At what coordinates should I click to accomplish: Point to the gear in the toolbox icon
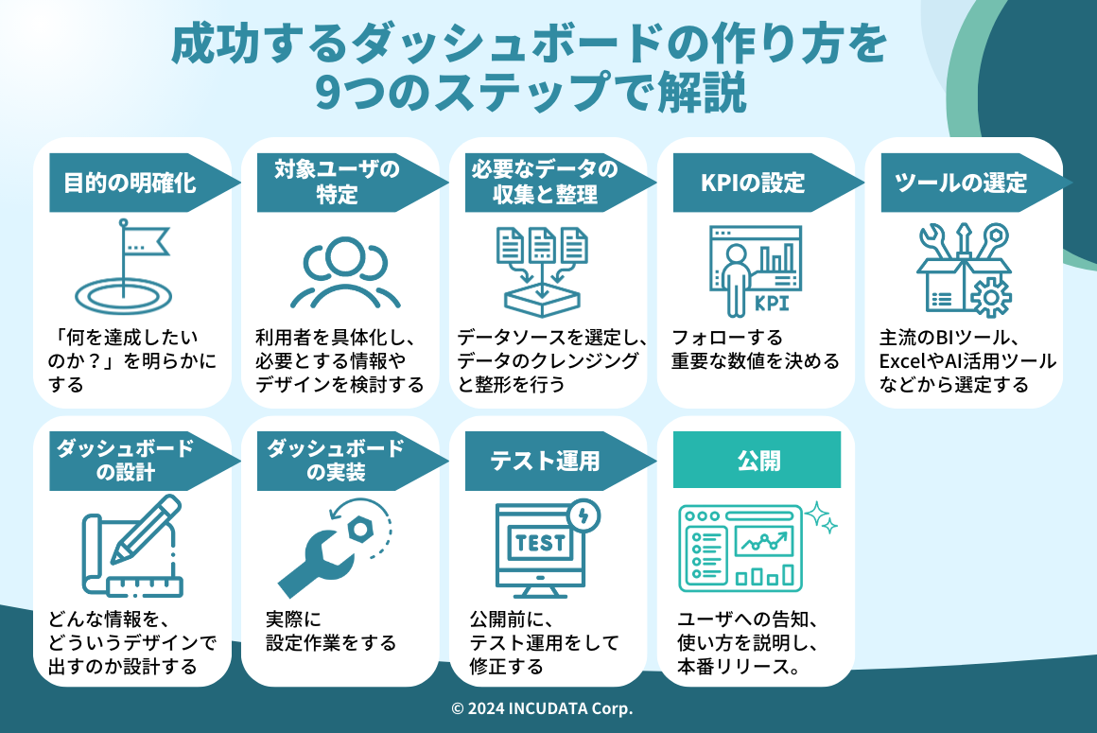990,297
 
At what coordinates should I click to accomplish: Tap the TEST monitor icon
540,549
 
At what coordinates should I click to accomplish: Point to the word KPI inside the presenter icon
771,304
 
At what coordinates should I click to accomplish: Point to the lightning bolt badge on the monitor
583,515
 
